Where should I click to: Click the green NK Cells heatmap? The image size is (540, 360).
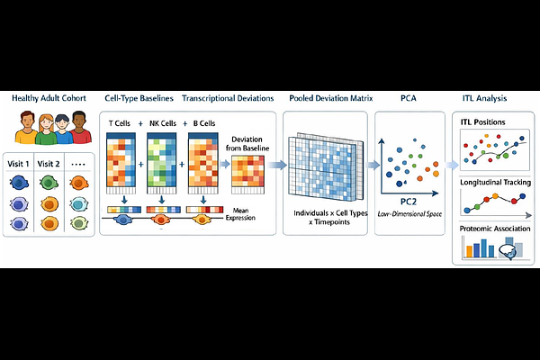[163, 162]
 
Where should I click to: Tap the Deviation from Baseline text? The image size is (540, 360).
[247, 145]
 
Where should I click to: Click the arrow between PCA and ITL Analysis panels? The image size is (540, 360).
[447, 166]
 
